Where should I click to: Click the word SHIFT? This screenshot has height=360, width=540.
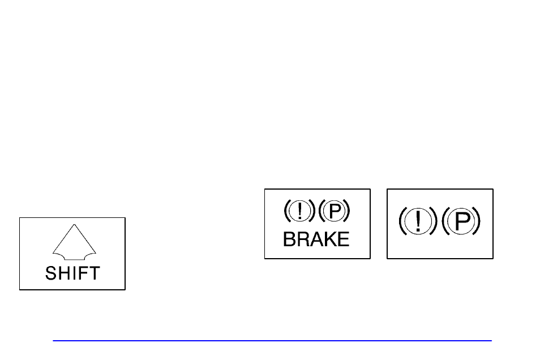point(72,273)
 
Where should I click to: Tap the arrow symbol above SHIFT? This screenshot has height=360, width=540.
point(74,243)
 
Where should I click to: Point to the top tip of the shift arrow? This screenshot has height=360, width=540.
point(74,224)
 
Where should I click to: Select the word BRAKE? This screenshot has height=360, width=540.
point(316,239)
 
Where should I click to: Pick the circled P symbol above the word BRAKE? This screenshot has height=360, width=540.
point(334,211)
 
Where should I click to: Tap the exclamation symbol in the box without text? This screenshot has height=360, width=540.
point(418,221)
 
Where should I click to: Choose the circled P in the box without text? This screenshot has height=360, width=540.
point(461,221)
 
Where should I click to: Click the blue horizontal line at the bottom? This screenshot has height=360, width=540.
point(272,341)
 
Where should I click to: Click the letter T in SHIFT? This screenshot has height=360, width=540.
point(93,273)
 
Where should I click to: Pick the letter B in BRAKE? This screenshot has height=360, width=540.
point(289,239)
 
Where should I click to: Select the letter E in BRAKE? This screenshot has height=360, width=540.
point(343,239)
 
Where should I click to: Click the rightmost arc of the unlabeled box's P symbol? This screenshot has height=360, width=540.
point(477,221)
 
